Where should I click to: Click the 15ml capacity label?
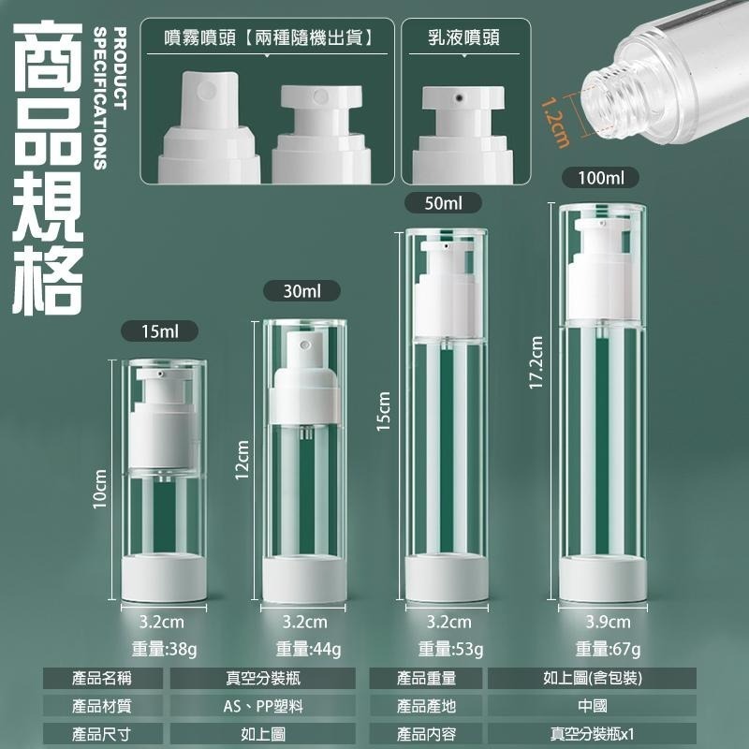(159, 331)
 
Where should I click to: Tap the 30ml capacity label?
(301, 290)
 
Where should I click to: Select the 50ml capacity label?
(443, 203)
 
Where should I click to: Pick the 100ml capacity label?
(600, 178)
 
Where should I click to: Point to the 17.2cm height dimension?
(536, 362)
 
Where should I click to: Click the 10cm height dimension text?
(100, 489)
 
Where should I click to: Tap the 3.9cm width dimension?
(608, 622)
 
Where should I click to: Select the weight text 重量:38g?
(165, 649)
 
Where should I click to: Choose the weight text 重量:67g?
(608, 649)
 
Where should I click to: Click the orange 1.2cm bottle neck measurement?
(555, 123)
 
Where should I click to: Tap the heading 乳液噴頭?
(463, 37)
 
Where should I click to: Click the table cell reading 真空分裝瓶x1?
(592, 734)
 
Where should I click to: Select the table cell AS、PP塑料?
(263, 706)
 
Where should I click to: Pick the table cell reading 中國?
(592, 706)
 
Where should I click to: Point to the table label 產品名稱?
(102, 678)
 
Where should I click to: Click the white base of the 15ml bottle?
(164, 577)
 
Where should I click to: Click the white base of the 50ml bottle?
(447, 578)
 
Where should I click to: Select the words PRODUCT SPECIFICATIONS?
(110, 98)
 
